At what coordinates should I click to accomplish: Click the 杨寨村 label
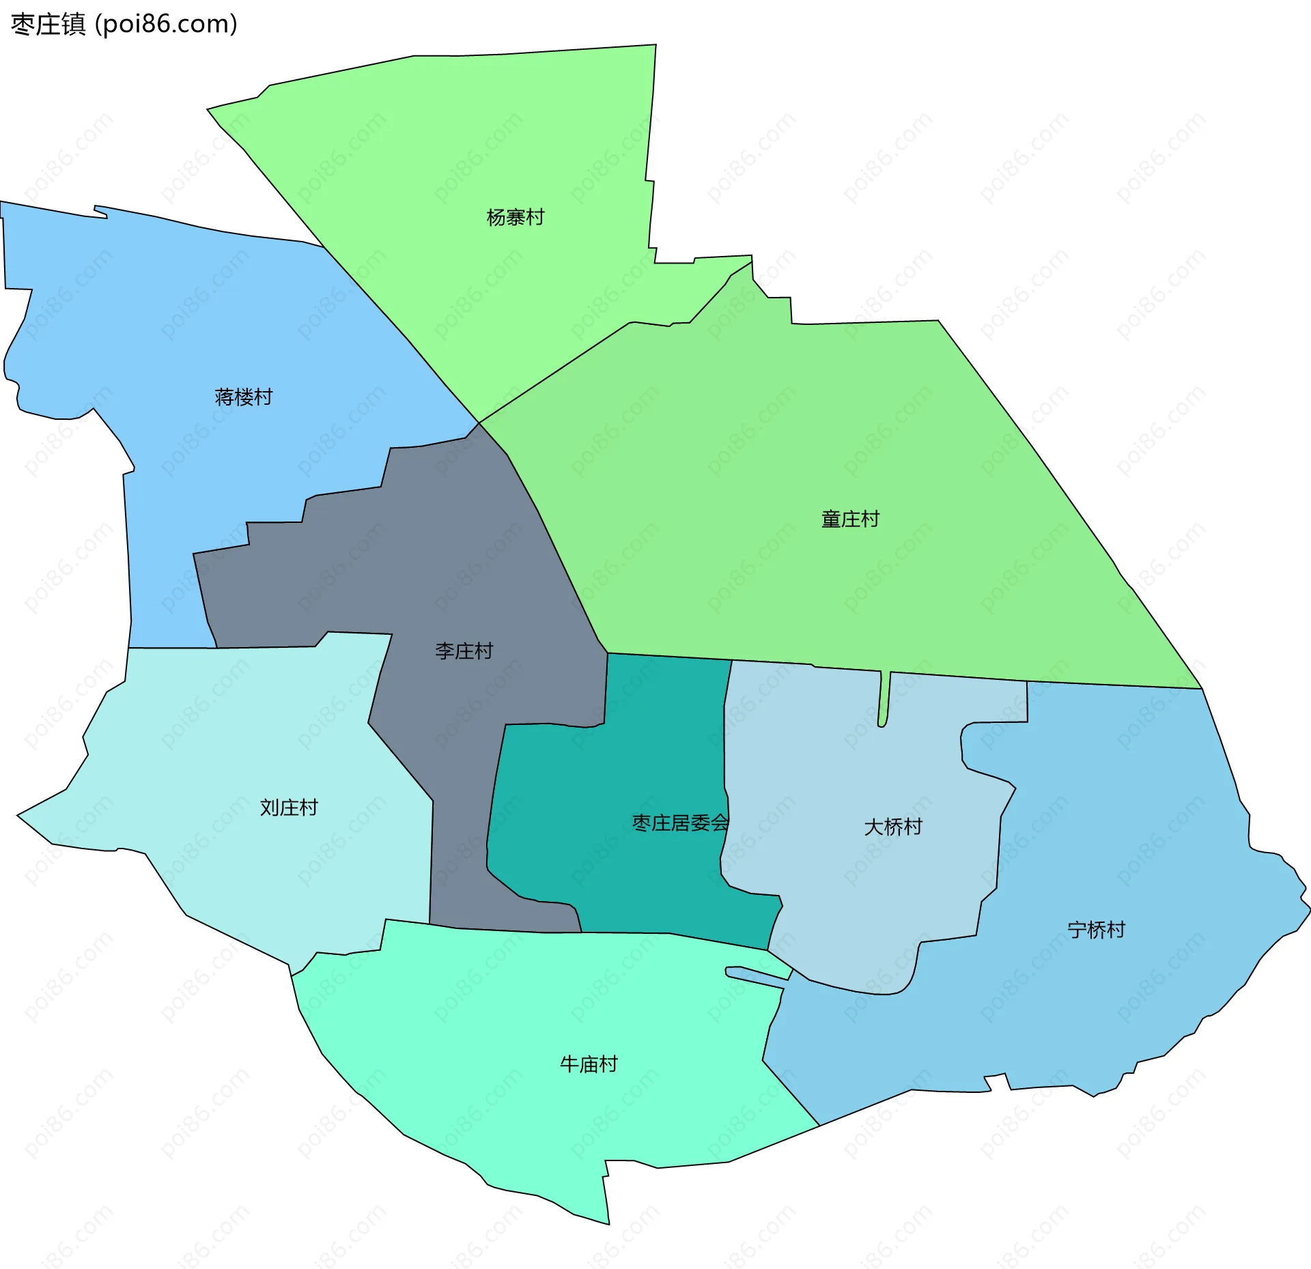pyautogui.click(x=515, y=218)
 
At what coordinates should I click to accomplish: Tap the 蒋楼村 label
pyautogui.click(x=243, y=397)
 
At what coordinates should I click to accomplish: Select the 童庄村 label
pyautogui.click(x=850, y=519)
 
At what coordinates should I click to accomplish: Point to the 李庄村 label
pyautogui.click(x=464, y=651)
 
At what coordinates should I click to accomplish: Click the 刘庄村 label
pyautogui.click(x=289, y=808)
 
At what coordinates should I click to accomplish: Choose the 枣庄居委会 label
pyautogui.click(x=680, y=823)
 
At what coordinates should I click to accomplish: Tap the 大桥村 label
pyautogui.click(x=892, y=827)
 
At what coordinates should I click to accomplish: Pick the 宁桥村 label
pyautogui.click(x=1096, y=930)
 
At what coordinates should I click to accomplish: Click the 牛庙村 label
pyautogui.click(x=589, y=1064)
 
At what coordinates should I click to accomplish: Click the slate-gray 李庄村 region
pyautogui.click(x=437, y=546)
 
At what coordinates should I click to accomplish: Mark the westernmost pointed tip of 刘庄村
pyautogui.click(x=18, y=815)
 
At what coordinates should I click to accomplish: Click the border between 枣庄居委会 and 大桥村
pyautogui.click(x=724, y=751)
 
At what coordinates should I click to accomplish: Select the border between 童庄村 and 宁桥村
pyautogui.click(x=1113, y=685)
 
